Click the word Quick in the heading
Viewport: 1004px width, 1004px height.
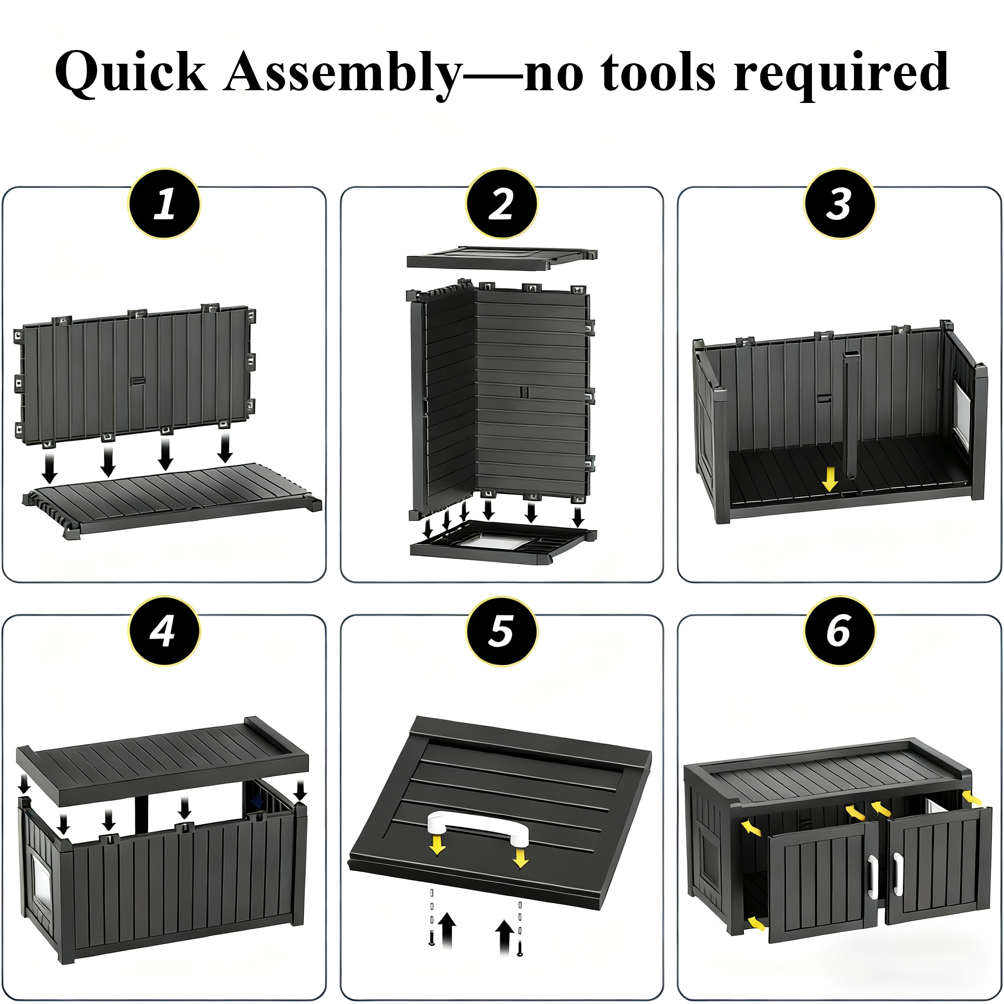coord(131,73)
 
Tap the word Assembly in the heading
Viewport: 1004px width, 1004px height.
coord(343,73)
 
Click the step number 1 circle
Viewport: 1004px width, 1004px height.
coord(164,203)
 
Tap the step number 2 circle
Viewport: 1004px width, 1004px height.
coord(502,203)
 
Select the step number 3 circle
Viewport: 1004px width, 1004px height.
coord(839,203)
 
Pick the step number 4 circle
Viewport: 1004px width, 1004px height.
coord(164,631)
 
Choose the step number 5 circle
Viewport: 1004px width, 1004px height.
coord(502,631)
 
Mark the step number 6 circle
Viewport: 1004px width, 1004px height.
coord(839,631)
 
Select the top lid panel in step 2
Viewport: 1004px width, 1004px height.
coord(502,258)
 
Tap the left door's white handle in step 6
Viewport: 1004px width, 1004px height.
coord(872,876)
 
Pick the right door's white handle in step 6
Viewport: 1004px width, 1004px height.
coord(898,875)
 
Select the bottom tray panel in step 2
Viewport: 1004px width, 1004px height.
coord(503,544)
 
